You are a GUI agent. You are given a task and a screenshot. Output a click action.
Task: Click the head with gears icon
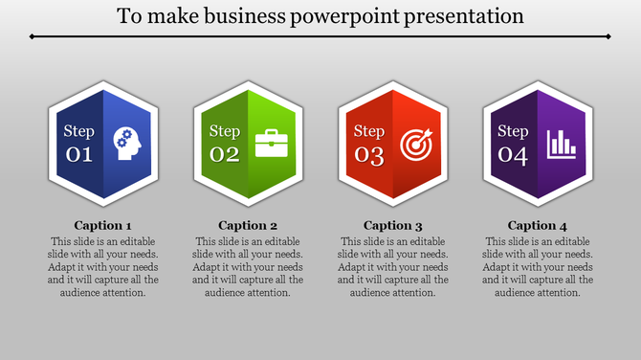127,144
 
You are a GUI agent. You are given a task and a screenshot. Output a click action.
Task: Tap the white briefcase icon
272,144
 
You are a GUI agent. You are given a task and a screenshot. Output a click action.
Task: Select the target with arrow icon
416,144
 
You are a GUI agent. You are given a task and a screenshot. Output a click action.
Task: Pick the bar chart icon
562,144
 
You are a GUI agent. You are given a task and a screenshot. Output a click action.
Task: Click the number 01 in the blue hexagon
78,155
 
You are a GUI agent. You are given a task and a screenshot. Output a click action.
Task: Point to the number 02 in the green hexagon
224,155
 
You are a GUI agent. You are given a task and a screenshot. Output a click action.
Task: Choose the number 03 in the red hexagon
369,155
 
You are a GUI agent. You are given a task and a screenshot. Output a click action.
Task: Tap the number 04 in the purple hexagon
514,155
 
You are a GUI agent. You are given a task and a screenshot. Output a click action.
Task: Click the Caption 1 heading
103,226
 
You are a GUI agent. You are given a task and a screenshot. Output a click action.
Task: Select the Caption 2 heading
248,226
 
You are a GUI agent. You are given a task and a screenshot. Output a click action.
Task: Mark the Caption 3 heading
393,226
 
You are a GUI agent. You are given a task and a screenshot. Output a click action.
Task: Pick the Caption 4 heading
538,226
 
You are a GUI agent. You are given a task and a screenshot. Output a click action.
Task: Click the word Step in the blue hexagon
78,131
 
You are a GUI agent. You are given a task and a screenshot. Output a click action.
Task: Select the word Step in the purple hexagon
514,131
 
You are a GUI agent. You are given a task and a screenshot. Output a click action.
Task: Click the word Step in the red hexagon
369,131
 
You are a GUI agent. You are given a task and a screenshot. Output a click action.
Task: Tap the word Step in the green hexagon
224,131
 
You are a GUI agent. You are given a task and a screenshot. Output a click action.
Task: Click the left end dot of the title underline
32,36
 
